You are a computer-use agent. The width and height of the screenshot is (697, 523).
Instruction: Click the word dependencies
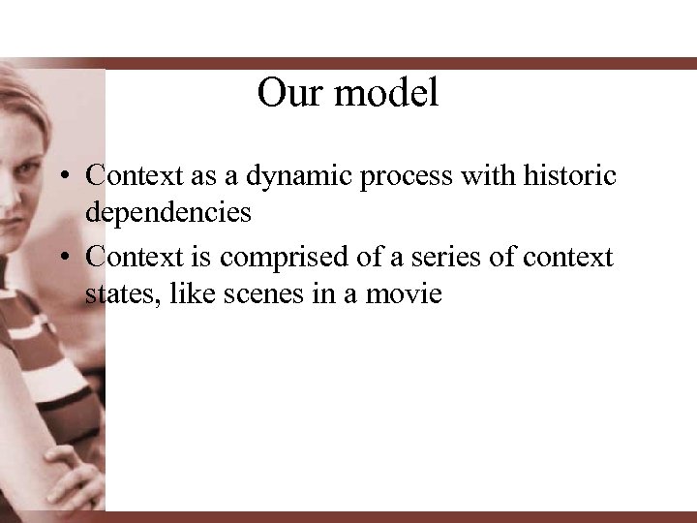tap(168, 212)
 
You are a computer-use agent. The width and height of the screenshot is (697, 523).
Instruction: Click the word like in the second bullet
tap(189, 292)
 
